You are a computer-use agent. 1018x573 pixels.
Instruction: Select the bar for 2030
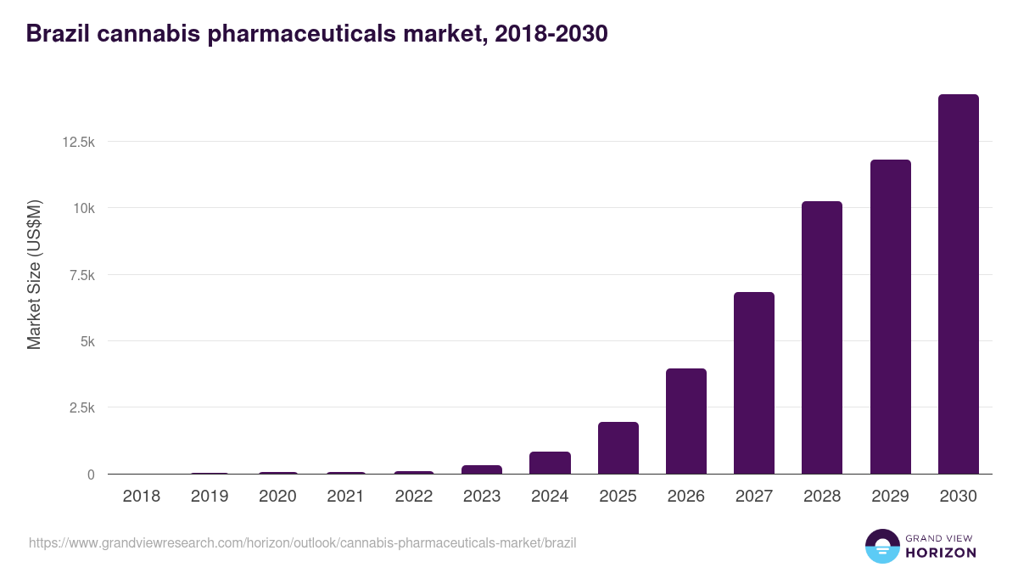(958, 284)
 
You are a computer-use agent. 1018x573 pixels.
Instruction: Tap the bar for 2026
(685, 421)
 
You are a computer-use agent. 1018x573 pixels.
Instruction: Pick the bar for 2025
(618, 448)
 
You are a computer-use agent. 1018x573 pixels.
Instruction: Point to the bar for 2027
(754, 383)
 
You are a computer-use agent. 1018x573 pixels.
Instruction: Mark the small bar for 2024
(550, 463)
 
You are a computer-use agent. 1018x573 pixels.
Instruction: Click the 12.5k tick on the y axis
(78, 142)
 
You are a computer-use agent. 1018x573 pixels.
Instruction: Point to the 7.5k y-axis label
(81, 275)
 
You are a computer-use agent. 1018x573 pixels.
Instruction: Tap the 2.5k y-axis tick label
(81, 408)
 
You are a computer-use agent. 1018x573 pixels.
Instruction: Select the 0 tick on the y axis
(90, 475)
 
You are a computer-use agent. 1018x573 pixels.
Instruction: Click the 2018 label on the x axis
(141, 497)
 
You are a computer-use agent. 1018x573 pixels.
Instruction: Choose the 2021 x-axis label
(345, 497)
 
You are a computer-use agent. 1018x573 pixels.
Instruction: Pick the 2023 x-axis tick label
(482, 497)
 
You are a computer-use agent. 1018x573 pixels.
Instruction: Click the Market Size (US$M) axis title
(34, 274)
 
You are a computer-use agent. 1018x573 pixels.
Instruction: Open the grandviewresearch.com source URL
(303, 542)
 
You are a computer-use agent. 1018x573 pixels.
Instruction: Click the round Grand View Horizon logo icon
(881, 546)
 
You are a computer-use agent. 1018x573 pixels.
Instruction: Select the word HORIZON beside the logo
(942, 553)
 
